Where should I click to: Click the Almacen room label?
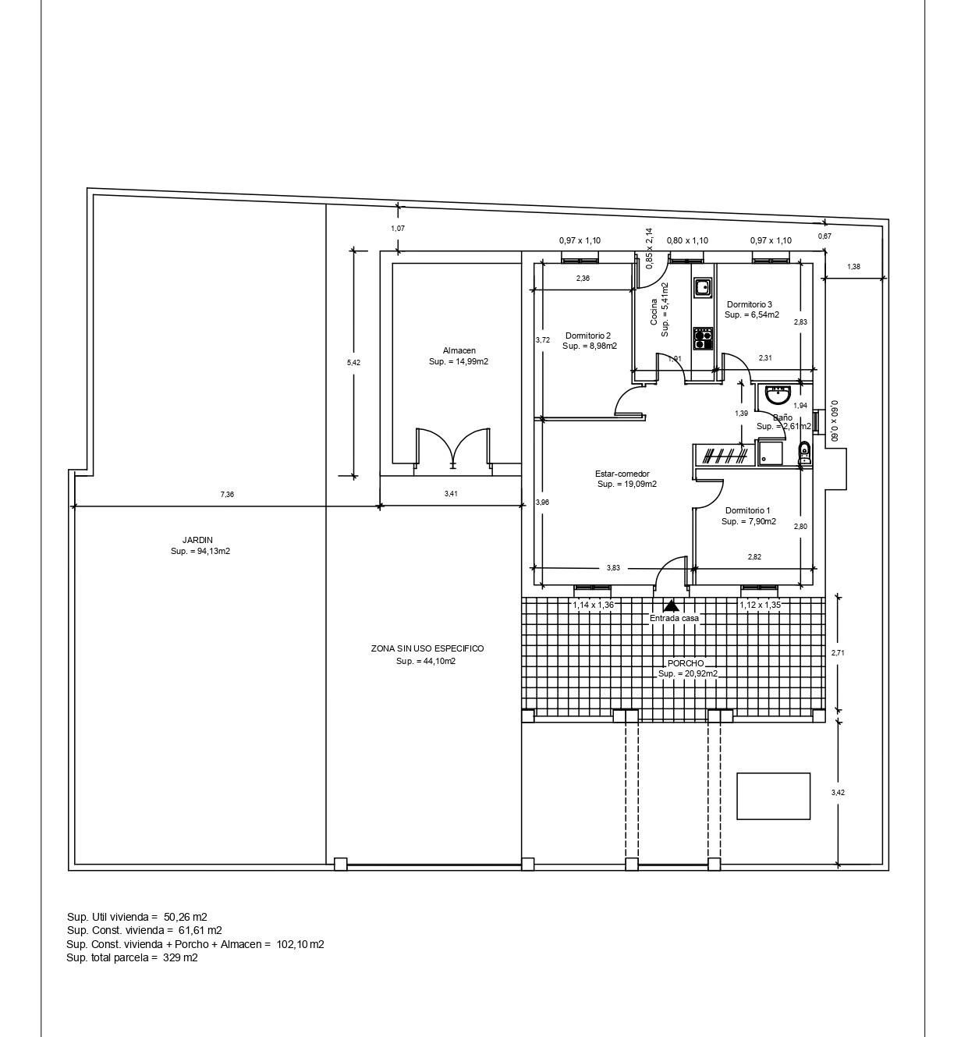459,351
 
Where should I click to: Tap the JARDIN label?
197,540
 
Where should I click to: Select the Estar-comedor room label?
622,474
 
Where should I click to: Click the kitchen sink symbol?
703,287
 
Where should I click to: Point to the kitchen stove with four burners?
703,338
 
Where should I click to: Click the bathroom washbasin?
778,394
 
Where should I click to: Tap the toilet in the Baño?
804,453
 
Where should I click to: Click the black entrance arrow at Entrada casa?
671,605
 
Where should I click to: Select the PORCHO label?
686,663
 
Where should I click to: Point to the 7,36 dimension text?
227,495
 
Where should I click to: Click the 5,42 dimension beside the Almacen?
353,363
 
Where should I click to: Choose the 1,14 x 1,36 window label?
593,605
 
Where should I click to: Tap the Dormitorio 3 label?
749,304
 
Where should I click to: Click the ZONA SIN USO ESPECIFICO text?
427,648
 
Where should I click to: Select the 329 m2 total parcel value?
180,957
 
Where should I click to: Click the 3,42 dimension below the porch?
838,793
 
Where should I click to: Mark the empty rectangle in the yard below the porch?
773,796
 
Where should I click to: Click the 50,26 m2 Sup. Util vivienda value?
186,917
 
